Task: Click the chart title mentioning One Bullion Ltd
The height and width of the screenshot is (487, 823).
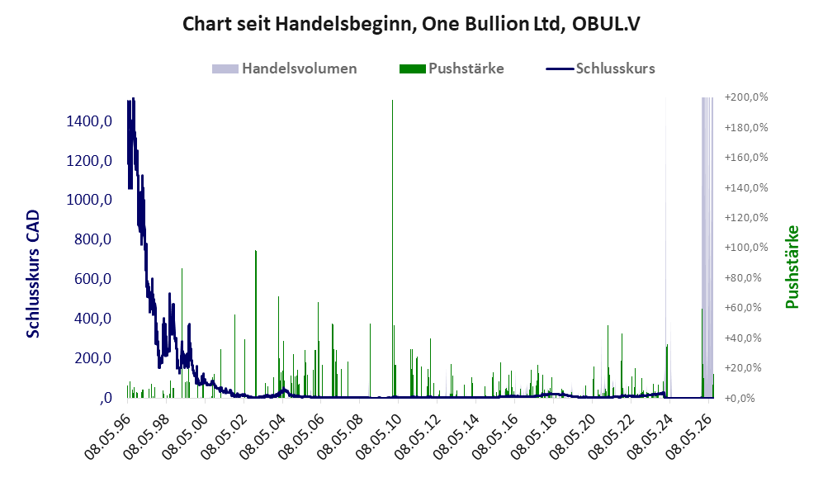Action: tap(411, 24)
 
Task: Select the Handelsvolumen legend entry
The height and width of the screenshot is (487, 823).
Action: tap(284, 69)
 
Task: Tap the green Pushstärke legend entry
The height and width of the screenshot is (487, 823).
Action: tap(452, 69)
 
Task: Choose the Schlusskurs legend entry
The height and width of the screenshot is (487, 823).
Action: tap(600, 69)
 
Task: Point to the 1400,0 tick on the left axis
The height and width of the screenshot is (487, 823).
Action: tap(89, 121)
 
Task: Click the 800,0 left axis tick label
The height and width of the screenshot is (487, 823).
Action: tap(93, 239)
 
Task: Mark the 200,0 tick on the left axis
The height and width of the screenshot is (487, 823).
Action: tap(93, 358)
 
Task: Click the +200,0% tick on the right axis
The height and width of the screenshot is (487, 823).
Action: tap(746, 97)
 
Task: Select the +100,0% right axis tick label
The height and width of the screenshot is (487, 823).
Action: tap(746, 247)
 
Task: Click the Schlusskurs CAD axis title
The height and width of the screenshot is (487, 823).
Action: tap(33, 273)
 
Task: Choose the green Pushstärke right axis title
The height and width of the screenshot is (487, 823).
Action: tap(792, 267)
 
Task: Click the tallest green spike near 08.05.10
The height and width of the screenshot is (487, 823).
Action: tap(393, 248)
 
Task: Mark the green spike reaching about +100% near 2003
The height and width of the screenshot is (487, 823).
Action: tap(256, 324)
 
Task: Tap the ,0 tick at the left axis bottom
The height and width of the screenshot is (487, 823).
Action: tap(106, 398)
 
